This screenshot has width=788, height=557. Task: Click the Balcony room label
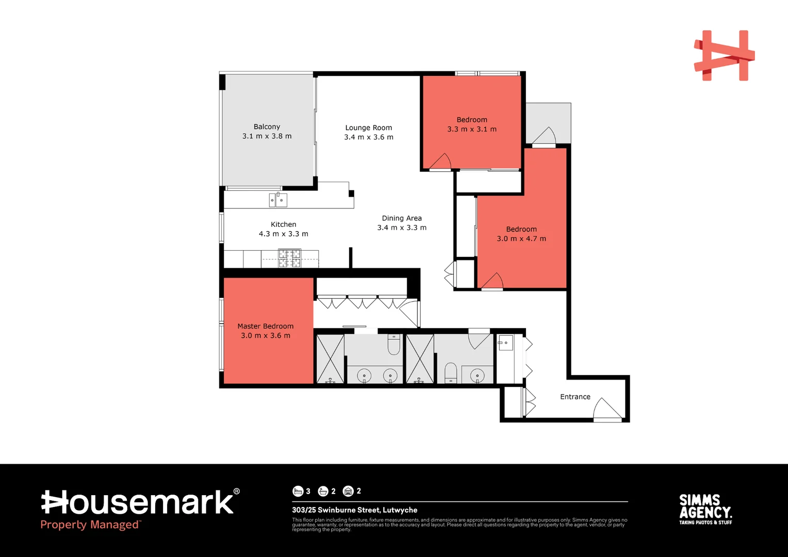tap(267, 127)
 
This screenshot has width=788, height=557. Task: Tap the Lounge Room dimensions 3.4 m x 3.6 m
tap(369, 137)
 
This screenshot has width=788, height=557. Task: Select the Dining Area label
tap(402, 218)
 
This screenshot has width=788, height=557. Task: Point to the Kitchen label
tap(284, 224)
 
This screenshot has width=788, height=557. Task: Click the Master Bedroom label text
tap(266, 326)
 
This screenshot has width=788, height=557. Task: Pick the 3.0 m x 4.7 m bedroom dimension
tap(521, 239)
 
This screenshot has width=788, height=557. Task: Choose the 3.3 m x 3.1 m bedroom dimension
tap(472, 129)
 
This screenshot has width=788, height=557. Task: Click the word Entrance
tap(575, 397)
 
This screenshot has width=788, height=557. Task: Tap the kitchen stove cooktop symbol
tap(289, 258)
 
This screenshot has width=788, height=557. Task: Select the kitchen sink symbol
tap(278, 200)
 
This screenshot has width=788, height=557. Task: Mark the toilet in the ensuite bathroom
tap(394, 345)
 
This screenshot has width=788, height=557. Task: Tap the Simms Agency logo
tap(705, 510)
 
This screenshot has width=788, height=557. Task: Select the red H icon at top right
tap(724, 56)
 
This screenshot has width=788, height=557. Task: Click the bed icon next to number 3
tap(298, 491)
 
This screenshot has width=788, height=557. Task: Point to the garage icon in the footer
tap(348, 491)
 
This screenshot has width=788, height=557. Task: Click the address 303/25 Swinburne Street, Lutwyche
tap(355, 510)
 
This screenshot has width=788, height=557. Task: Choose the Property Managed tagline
tap(90, 525)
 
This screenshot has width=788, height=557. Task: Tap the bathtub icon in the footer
tap(323, 491)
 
